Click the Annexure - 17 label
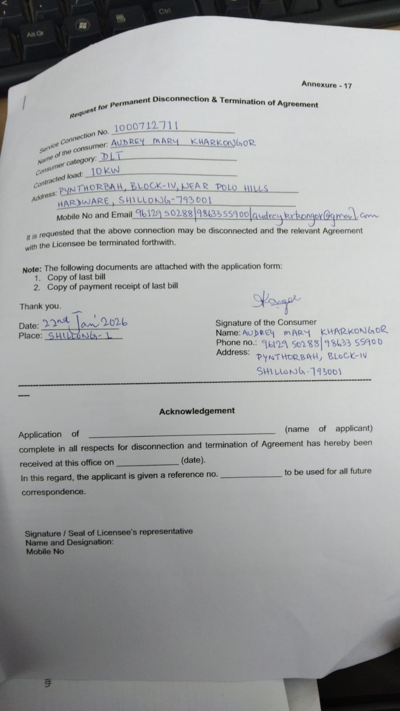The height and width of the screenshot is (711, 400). tap(326, 84)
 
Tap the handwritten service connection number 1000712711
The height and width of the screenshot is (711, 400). tap(145, 126)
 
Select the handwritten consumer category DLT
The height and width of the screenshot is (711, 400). tap(111, 157)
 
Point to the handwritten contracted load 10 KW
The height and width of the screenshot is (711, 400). tap(105, 171)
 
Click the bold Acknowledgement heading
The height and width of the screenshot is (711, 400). tap(197, 411)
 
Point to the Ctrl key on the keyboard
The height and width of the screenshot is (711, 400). tap(165, 11)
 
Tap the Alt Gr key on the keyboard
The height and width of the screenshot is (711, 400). tap(35, 34)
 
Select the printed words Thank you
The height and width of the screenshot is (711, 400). tap(40, 306)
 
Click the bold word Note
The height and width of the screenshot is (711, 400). tap(32, 270)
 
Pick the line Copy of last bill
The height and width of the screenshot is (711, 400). tap(76, 277)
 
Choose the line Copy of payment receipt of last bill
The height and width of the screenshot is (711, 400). tap(113, 287)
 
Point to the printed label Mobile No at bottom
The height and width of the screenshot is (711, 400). tap(45, 552)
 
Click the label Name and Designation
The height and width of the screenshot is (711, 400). tap(69, 542)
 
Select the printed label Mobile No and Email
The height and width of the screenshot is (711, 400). tap(94, 217)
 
